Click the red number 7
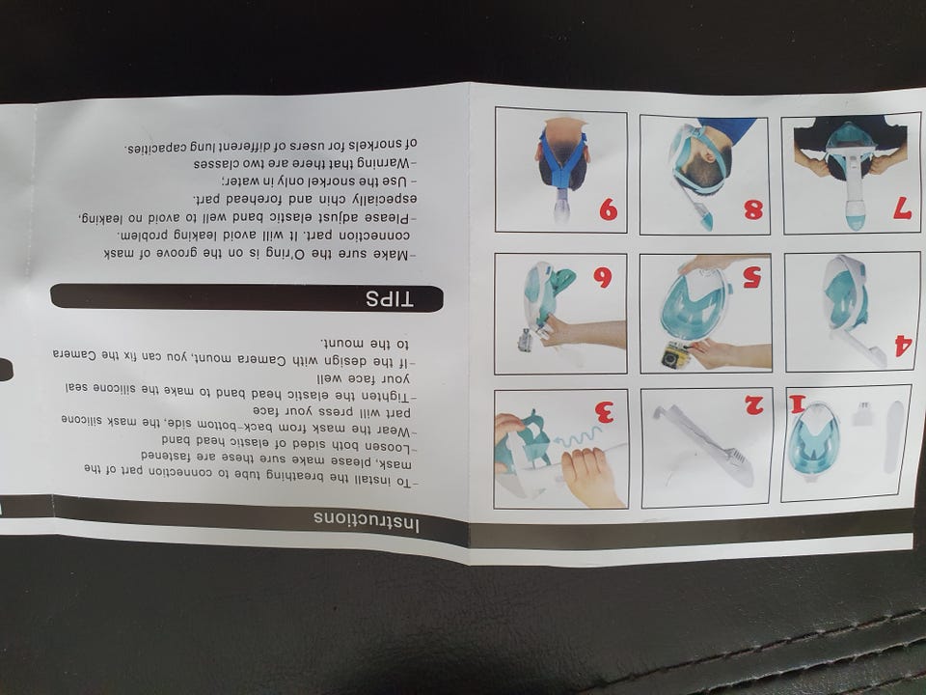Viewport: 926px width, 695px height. pyautogui.click(x=902, y=208)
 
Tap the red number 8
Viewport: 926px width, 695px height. pyautogui.click(x=753, y=209)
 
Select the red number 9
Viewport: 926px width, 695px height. pyautogui.click(x=609, y=209)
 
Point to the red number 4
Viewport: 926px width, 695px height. pyautogui.click(x=903, y=346)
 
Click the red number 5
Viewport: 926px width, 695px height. pyautogui.click(x=751, y=277)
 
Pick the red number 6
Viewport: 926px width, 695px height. pyautogui.click(x=602, y=277)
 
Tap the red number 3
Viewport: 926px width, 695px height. pyautogui.click(x=604, y=412)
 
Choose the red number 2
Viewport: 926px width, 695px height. pyautogui.click(x=754, y=404)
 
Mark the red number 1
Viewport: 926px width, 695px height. pyautogui.click(x=798, y=404)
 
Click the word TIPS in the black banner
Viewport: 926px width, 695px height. pyautogui.click(x=389, y=299)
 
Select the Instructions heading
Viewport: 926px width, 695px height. pyautogui.click(x=367, y=521)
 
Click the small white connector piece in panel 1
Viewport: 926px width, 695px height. pyautogui.click(x=862, y=413)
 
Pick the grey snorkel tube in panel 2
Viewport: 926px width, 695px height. pyautogui.click(x=703, y=444)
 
